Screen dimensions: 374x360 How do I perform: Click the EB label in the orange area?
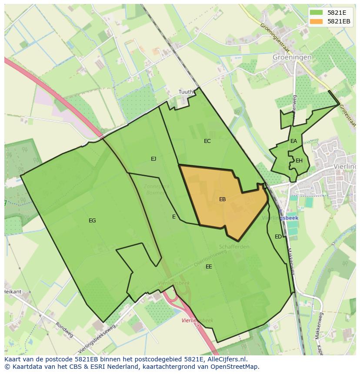pos(222,199)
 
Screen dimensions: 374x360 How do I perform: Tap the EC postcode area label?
pos(207,141)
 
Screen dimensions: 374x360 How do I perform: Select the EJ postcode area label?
pos(153,159)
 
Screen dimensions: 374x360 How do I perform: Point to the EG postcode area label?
pos(92,221)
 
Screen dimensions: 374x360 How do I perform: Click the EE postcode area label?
pos(209,267)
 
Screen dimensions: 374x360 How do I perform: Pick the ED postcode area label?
pos(278,237)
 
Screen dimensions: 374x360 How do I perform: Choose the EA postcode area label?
pos(294,141)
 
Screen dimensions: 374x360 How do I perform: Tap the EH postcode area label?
pos(299,161)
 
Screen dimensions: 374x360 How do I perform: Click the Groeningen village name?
pos(292,57)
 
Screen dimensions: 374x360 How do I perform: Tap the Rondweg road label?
pos(64,330)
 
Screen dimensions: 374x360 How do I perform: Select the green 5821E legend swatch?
pos(317,13)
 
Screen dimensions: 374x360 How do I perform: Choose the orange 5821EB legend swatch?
pos(317,21)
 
